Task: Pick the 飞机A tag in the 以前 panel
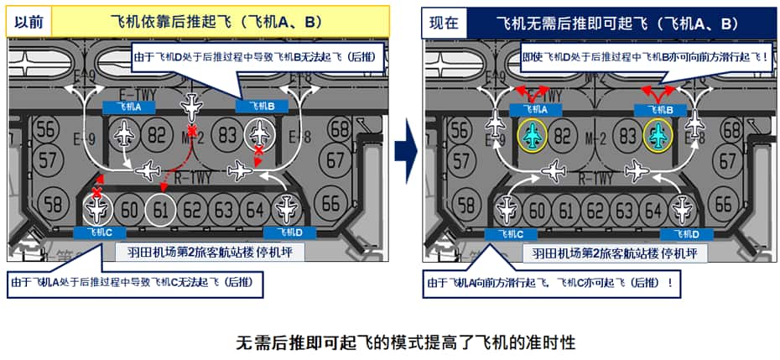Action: pyautogui.click(x=127, y=107)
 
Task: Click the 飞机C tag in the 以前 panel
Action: pyautogui.click(x=100, y=232)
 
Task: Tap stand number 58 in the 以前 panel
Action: pyautogui.click(x=52, y=203)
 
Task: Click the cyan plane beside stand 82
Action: pyautogui.click(x=531, y=134)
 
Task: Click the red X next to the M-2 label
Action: pyautogui.click(x=194, y=133)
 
